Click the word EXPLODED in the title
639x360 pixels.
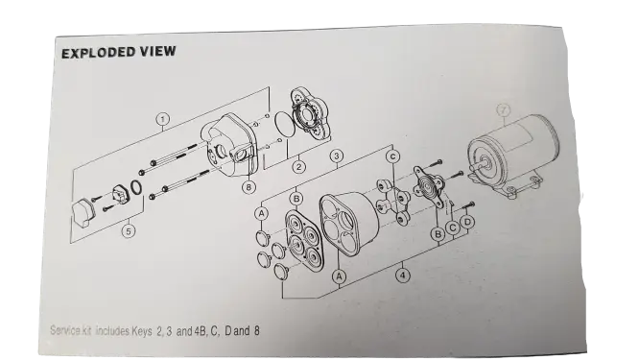point(98,53)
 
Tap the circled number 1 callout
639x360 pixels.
point(162,119)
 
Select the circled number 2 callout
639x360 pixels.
point(298,167)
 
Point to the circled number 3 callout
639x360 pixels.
point(337,156)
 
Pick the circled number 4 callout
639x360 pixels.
point(403,276)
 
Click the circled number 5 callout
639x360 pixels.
point(129,231)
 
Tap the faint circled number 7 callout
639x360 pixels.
point(504,110)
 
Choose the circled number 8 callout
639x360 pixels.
point(248,187)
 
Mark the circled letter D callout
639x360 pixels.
point(467,222)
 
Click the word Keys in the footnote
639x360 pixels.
point(142,331)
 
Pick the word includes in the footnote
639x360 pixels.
point(112,330)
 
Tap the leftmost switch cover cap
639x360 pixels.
point(83,212)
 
